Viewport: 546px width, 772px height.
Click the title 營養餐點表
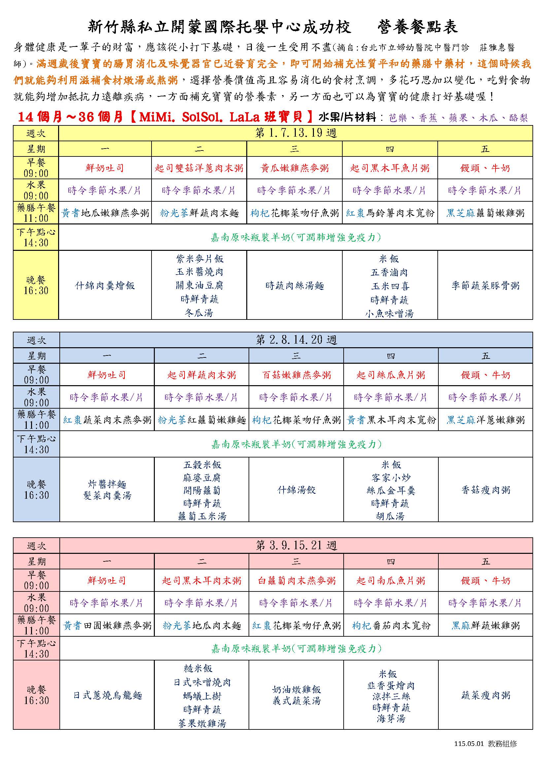coord(417,27)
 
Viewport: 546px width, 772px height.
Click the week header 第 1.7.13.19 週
coord(295,133)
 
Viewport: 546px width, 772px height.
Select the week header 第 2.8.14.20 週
coord(296,340)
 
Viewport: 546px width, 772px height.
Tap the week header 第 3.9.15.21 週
coord(296,545)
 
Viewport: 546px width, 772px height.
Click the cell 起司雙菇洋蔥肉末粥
coord(199,168)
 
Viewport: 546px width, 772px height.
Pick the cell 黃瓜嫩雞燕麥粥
coord(294,168)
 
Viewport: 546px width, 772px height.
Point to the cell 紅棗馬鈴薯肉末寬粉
coord(390,213)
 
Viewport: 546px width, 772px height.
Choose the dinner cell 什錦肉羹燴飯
coord(105,286)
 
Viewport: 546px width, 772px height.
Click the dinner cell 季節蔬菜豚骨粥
coord(485,286)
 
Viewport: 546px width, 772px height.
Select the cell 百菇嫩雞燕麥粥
coord(296,375)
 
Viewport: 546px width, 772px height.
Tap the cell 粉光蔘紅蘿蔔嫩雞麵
coord(202,420)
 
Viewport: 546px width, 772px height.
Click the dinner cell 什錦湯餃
coord(296,490)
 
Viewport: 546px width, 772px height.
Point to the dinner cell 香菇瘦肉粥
coord(486,490)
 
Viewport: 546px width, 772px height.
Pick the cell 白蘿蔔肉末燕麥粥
coord(296,580)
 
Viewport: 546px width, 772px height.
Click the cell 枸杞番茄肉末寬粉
coord(391,625)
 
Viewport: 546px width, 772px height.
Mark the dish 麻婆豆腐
coord(202,478)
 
